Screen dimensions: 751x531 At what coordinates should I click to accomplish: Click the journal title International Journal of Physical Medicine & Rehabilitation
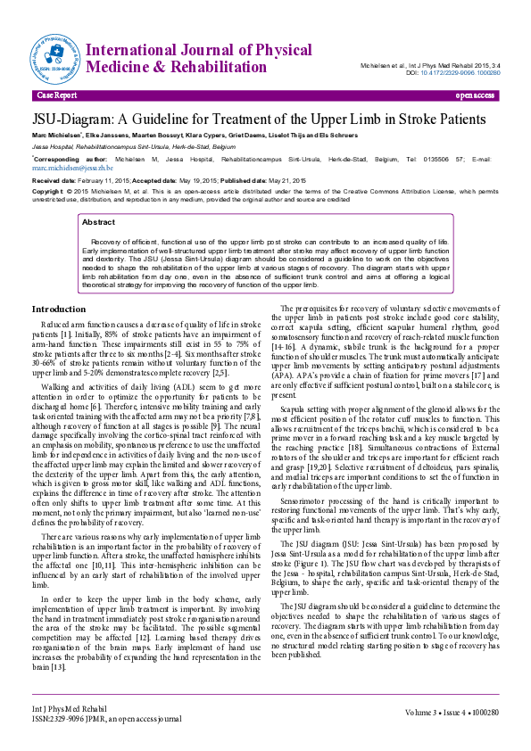click(188, 54)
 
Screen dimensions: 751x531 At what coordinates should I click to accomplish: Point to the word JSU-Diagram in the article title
click(74, 120)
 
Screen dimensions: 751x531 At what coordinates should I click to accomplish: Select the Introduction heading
click(59, 309)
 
